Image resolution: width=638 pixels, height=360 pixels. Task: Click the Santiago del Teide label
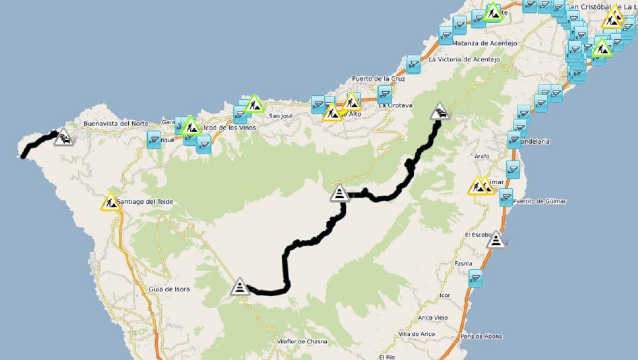(145, 202)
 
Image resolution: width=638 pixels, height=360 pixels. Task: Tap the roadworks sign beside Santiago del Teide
(110, 202)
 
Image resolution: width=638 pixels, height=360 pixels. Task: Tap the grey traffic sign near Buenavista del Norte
(64, 138)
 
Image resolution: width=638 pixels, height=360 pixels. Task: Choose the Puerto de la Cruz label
(378, 79)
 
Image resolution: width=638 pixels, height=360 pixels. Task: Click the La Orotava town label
(396, 105)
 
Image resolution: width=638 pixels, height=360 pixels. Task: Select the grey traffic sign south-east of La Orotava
(440, 111)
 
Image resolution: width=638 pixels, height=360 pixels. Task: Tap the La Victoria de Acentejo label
(464, 60)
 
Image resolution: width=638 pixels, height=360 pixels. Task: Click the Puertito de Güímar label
(540, 202)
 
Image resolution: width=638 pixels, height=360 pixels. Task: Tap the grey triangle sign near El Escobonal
(497, 240)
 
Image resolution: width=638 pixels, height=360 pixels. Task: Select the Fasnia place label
(464, 264)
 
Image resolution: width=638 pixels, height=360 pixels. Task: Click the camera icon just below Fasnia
(476, 278)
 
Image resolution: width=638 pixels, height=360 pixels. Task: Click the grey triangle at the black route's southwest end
(239, 287)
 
